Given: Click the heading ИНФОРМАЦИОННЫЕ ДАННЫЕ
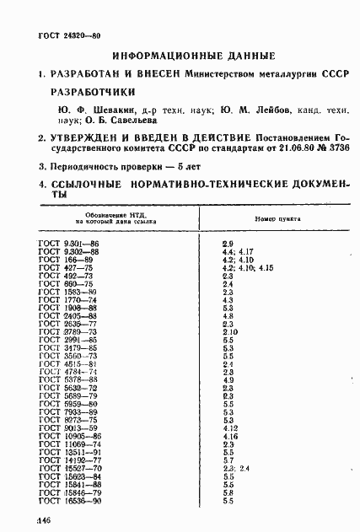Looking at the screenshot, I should [194, 55].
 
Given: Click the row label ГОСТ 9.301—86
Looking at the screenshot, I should [70, 243].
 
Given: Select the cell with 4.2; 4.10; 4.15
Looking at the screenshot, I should [248, 268].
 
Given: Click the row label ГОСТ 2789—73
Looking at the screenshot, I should [68, 332].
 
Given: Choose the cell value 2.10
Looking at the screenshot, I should [230, 332].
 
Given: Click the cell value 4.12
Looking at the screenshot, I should [230, 428].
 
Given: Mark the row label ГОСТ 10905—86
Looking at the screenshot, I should [70, 436].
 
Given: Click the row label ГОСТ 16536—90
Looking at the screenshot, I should [70, 500].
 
